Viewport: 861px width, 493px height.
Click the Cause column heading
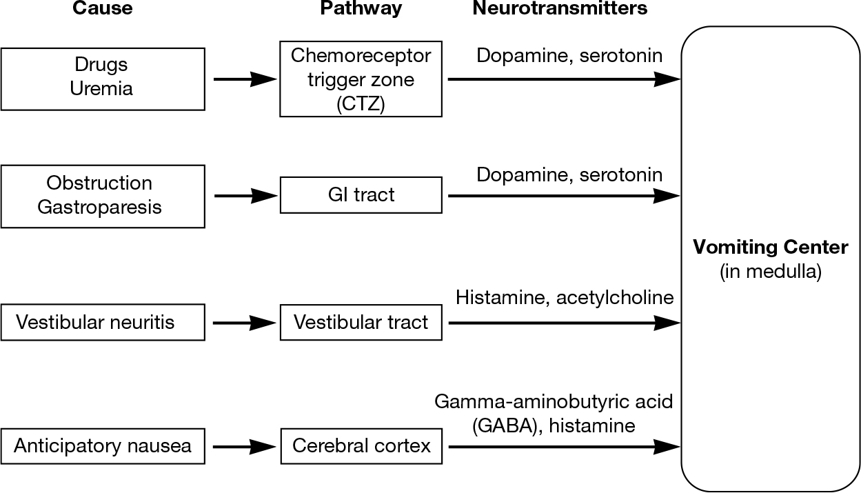pyautogui.click(x=103, y=9)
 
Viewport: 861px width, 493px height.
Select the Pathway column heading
pyautogui.click(x=360, y=9)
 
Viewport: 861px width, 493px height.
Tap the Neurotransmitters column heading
pyautogui.click(x=560, y=9)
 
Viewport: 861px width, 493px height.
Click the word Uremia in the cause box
pyautogui.click(x=101, y=89)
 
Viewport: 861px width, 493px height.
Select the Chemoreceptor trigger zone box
pyautogui.click(x=361, y=79)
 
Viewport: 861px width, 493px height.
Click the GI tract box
pyautogui.click(x=361, y=195)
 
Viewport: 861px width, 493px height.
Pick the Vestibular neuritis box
pyautogui.click(x=103, y=322)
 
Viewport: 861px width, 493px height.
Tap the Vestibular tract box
pyautogui.click(x=361, y=322)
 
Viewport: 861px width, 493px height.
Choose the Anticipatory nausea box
pyautogui.click(x=103, y=446)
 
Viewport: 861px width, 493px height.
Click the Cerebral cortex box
pyautogui.click(x=361, y=446)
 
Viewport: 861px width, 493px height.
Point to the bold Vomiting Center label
pyautogui.click(x=770, y=247)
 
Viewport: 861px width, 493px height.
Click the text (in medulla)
pyautogui.click(x=770, y=271)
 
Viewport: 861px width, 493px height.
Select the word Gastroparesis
pyautogui.click(x=99, y=207)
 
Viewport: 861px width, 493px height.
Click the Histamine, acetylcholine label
pyautogui.click(x=564, y=298)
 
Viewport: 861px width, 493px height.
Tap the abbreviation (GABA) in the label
pyautogui.click(x=503, y=425)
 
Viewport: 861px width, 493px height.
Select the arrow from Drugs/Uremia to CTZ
pyautogui.click(x=245, y=79)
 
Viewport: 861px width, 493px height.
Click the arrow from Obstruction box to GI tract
pyautogui.click(x=245, y=196)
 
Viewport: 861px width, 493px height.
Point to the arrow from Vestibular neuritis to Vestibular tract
pyautogui.click(x=245, y=322)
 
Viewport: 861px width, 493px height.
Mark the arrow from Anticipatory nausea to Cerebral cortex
pyautogui.click(x=245, y=447)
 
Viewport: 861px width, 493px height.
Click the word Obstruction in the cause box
pyautogui.click(x=99, y=183)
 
